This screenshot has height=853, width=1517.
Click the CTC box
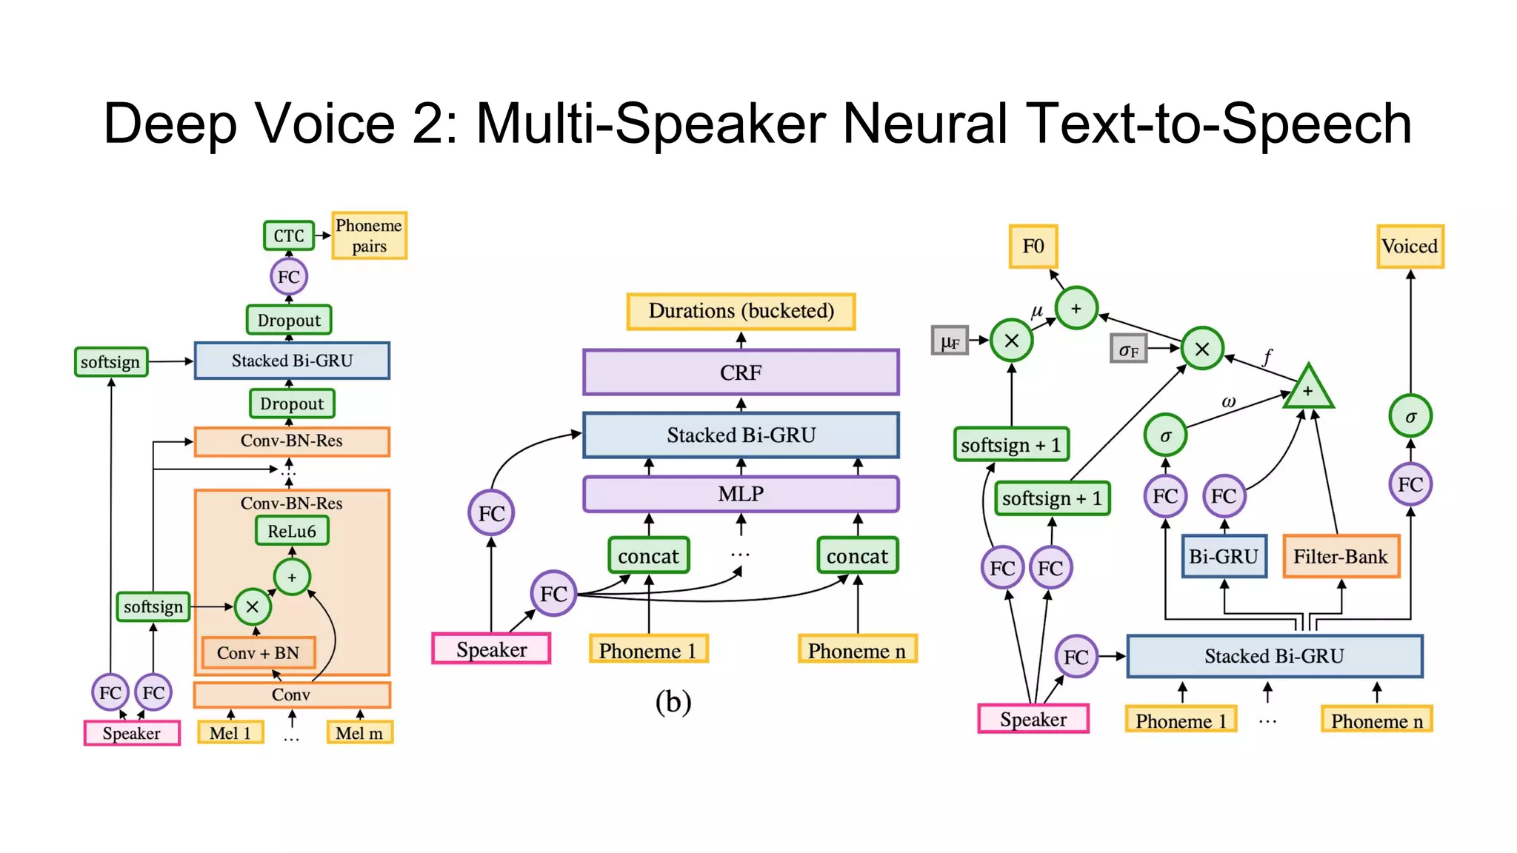point(289,235)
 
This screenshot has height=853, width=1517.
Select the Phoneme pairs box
point(369,235)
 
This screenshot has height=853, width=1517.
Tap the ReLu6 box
point(292,531)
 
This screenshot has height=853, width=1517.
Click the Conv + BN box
point(258,652)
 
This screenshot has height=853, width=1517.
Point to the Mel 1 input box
point(230,733)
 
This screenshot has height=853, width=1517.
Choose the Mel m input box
point(359,733)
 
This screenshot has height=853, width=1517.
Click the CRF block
point(741,372)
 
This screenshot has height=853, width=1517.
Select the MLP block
point(741,494)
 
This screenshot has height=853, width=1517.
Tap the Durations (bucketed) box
point(741,311)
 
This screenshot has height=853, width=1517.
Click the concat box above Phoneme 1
point(648,556)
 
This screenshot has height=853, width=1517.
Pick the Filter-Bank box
point(1341,556)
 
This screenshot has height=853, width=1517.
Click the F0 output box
point(1033,247)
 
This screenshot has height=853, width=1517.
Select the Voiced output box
point(1410,247)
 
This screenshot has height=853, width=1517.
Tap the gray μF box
point(950,341)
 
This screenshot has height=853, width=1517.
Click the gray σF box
point(1129,349)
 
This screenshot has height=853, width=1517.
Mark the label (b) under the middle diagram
point(673,701)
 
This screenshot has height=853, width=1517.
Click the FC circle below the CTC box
point(289,277)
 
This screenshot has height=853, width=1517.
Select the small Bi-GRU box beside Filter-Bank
point(1224,556)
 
